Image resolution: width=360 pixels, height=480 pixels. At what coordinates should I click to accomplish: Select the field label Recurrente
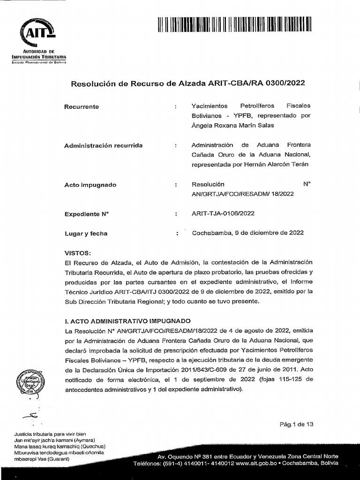pos(82,107)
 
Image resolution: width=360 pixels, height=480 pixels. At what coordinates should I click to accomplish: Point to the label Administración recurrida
pos(103,146)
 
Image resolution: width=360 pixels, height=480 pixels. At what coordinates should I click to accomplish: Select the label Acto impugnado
pos(90,185)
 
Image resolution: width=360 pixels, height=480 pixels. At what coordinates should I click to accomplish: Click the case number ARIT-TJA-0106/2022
pos(223,214)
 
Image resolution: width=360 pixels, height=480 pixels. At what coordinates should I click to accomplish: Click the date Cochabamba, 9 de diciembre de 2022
pos(248,232)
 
